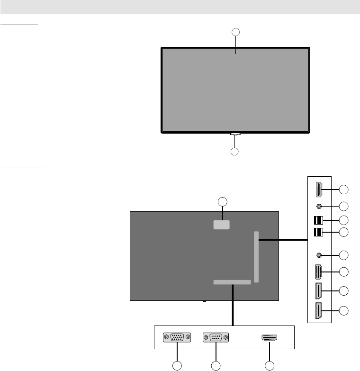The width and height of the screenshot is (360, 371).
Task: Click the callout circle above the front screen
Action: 235,32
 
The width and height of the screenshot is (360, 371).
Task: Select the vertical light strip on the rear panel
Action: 257,257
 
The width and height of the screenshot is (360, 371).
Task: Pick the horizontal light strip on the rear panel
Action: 232,282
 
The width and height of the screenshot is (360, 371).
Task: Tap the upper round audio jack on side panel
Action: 319,206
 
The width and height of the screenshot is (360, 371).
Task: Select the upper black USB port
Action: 318,220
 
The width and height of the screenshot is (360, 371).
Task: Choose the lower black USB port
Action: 318,232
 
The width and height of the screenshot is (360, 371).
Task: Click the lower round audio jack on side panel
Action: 319,255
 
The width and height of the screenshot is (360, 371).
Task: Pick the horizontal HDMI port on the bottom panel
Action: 270,338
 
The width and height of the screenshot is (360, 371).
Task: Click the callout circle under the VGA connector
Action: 177,365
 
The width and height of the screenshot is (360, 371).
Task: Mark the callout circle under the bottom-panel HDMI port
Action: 270,365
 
